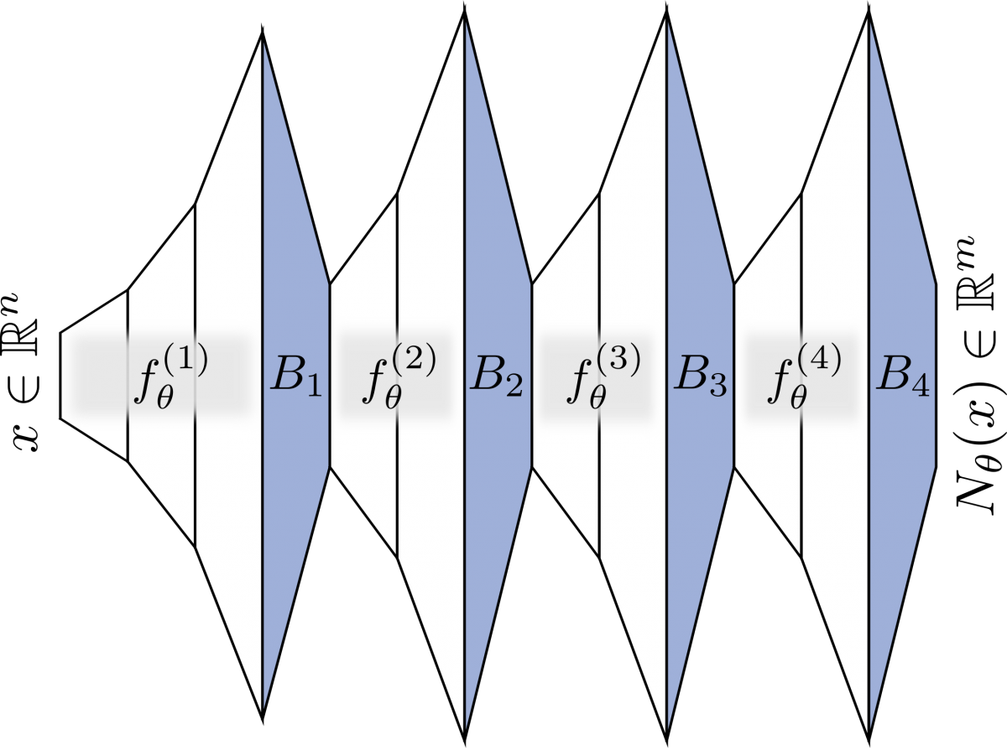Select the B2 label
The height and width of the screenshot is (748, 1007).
pos(497,379)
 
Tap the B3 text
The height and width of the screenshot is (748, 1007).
pos(700,379)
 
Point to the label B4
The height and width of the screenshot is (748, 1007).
pos(902,379)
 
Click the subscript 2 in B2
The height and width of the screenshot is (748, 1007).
pos(513,387)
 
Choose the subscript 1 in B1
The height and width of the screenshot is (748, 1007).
pos(312,387)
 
